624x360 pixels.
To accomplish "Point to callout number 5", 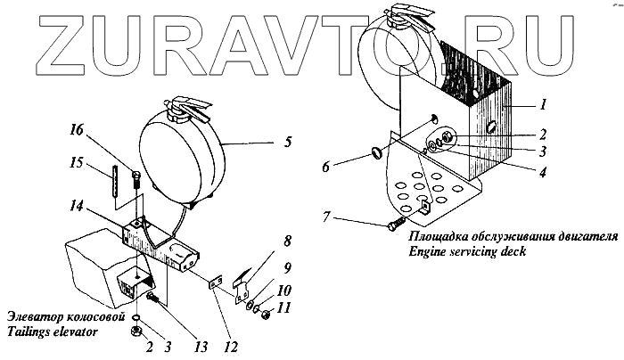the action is (286, 140).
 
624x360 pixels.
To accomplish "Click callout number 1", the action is (543, 104).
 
